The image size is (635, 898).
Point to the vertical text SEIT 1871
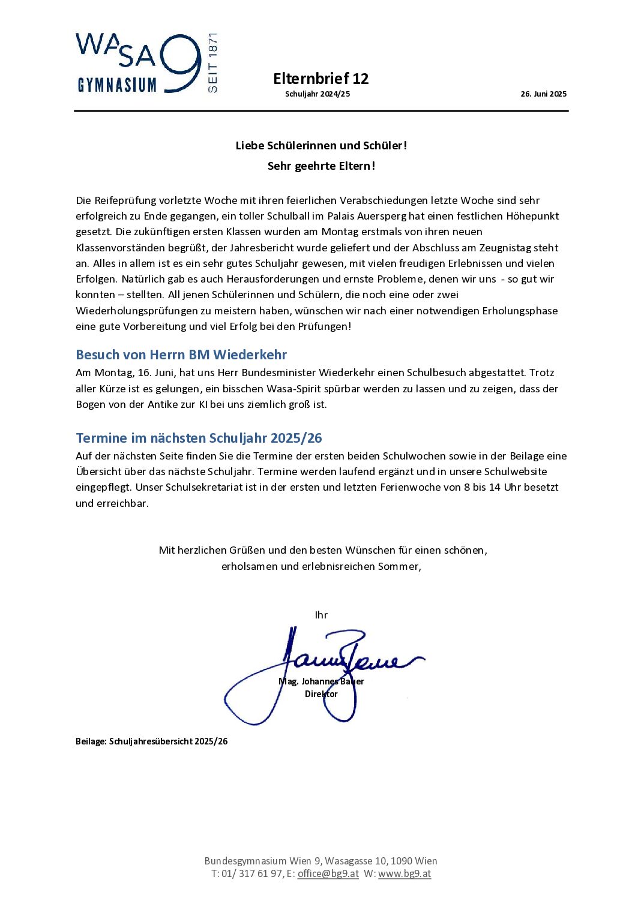[212, 63]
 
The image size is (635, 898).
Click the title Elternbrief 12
[321, 79]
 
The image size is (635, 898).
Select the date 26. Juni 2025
[543, 94]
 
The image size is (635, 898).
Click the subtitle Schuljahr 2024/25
[317, 94]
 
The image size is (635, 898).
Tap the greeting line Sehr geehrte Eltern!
[321, 166]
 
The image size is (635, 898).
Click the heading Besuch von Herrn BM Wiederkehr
[181, 355]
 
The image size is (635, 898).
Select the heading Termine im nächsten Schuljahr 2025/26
[199, 438]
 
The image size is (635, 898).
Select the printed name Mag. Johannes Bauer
[321, 681]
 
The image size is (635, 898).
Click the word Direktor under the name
[321, 694]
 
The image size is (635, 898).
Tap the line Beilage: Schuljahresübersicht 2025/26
[152, 741]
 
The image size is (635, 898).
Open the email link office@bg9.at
[328, 873]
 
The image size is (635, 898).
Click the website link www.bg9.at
[405, 873]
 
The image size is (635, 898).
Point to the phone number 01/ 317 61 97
[251, 873]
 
